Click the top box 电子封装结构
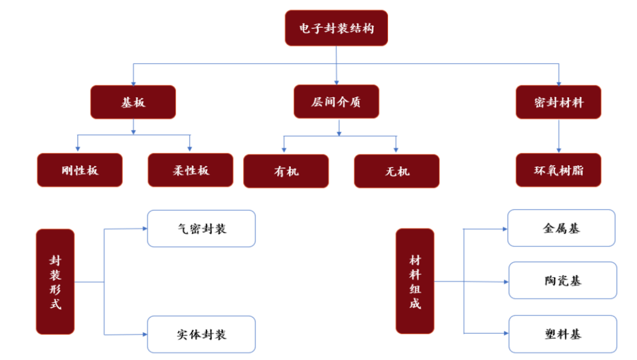pos(336,28)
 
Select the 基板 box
pos(133,102)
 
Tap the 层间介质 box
pos(336,102)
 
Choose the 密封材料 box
pos(558,102)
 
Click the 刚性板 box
pos(80,171)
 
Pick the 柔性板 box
pos(191,171)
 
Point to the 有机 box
pos(286,171)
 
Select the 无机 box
pos(396,171)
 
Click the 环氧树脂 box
pos(558,171)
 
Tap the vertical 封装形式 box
pos(55,282)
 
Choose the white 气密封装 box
pos(201,228)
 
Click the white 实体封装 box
pos(201,334)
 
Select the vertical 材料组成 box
pos(415,281)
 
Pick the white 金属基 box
pos(561,228)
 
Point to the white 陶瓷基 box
pos(562,280)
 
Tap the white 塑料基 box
pos(562,334)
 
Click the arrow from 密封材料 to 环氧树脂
pos(559,136)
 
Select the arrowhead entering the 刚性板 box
pos(78,149)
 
